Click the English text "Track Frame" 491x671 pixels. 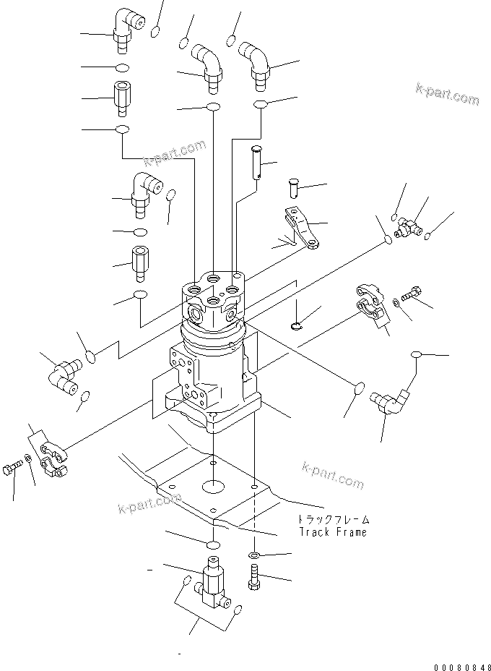(333, 532)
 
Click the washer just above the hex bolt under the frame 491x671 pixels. (255, 555)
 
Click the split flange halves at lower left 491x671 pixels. (53, 463)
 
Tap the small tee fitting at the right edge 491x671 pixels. (405, 228)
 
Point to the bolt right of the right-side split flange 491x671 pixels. (413, 295)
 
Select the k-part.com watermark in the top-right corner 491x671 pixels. (447, 94)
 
